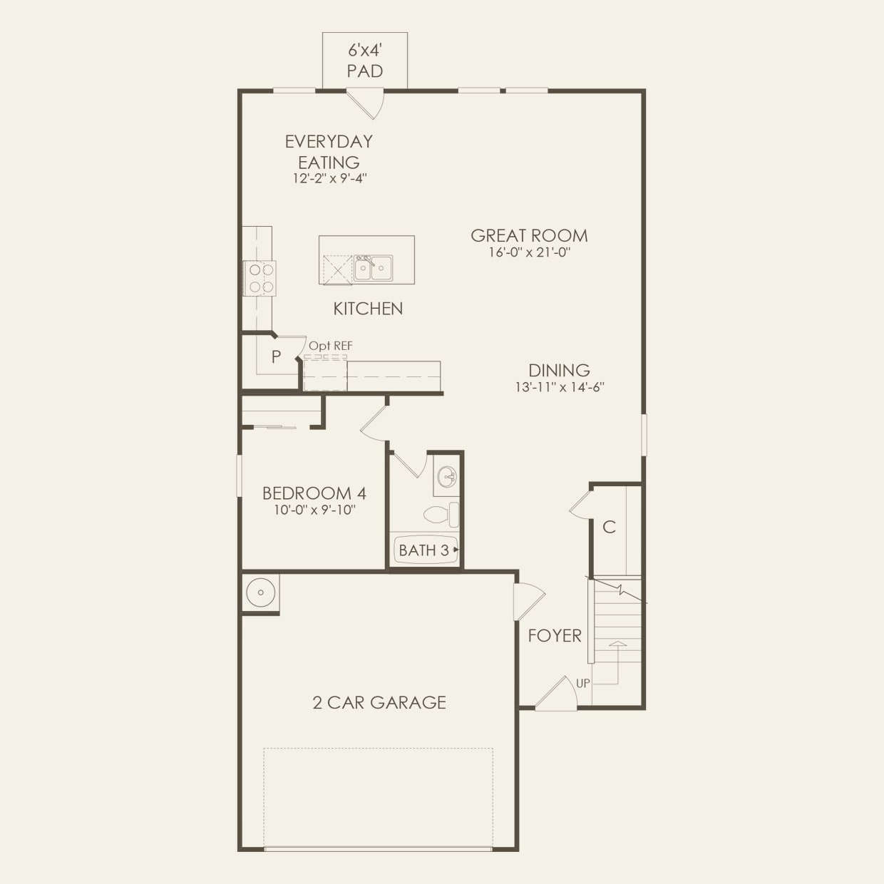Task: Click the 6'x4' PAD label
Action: click(365, 61)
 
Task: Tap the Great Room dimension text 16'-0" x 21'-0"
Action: click(529, 252)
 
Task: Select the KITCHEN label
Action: click(368, 309)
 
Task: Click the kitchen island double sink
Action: click(373, 268)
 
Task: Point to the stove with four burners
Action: click(261, 278)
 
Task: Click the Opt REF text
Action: click(331, 346)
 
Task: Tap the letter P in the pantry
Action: click(276, 356)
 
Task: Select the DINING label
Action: click(559, 371)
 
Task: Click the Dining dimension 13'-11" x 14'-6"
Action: click(560, 387)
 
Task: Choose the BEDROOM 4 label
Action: click(314, 493)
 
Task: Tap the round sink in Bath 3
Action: click(447, 476)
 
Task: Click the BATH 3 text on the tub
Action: click(423, 550)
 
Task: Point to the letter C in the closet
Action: click(609, 528)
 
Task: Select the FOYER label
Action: click(555, 636)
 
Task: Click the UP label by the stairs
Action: click(583, 683)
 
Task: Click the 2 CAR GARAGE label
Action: click(379, 703)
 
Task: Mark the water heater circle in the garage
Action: click(260, 592)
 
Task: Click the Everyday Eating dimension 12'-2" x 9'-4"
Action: click(329, 178)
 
